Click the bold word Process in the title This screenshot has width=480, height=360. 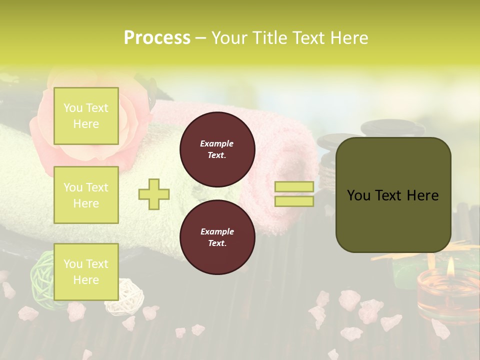157,38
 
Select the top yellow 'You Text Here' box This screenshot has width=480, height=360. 86,116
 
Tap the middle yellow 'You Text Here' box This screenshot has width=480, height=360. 86,195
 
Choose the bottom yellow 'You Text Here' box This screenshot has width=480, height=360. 86,272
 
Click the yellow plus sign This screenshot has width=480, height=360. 154,194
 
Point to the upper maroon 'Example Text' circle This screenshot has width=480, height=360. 217,149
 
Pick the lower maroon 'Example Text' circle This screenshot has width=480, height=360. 217,237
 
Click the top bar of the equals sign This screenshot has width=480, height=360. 294,187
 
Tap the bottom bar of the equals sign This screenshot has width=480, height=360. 294,201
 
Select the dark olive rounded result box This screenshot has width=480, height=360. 393,195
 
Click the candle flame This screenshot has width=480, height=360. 451,267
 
